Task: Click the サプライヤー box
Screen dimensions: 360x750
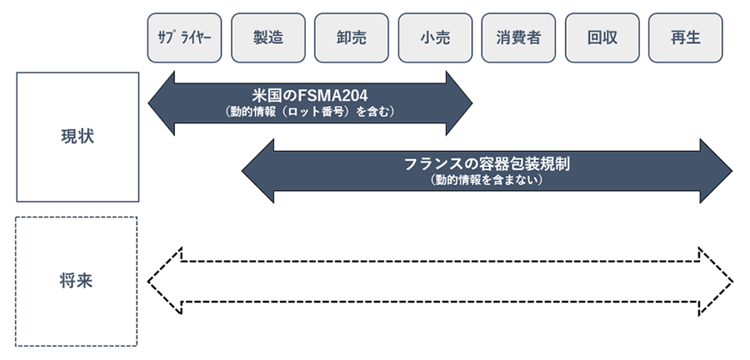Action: (x=185, y=37)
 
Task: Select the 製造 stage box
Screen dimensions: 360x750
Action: (x=268, y=37)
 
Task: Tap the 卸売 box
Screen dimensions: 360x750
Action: (x=352, y=37)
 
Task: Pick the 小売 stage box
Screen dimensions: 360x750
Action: (x=435, y=37)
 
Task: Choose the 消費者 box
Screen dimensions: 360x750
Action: (x=518, y=37)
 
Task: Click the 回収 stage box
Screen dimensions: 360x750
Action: (x=602, y=37)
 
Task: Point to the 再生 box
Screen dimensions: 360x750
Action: (x=685, y=37)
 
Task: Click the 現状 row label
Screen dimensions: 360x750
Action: (x=77, y=137)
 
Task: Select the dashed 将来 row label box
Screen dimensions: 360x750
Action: (x=76, y=281)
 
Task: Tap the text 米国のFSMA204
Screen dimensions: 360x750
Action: (x=309, y=94)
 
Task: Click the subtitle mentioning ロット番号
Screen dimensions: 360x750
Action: (x=309, y=110)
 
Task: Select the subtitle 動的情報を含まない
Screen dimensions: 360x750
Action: (x=487, y=179)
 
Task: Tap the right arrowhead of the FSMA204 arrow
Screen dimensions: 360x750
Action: (x=457, y=102)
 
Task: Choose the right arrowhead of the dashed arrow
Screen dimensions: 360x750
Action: (x=716, y=279)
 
